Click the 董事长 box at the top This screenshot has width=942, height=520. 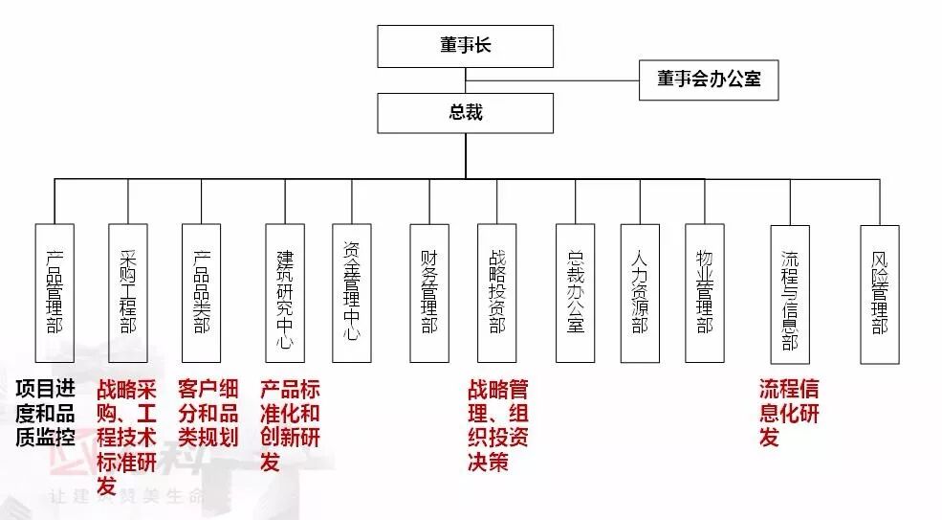(x=465, y=46)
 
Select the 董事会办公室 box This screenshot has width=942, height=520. (x=709, y=79)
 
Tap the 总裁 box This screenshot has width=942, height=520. (x=465, y=113)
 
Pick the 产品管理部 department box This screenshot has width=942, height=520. (x=55, y=293)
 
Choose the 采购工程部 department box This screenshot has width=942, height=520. (x=128, y=293)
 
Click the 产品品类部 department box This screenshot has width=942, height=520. (x=202, y=293)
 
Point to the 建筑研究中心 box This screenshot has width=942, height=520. (x=285, y=293)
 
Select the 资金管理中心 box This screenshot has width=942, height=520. (x=351, y=293)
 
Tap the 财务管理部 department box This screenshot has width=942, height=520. (x=428, y=293)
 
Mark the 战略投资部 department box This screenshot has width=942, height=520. (x=496, y=293)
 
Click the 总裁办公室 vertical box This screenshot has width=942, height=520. (x=575, y=293)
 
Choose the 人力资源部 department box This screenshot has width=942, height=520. (x=640, y=293)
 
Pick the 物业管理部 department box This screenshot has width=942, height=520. (x=705, y=293)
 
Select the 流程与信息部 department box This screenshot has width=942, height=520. (x=790, y=293)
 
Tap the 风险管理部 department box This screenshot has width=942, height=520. (x=879, y=293)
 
